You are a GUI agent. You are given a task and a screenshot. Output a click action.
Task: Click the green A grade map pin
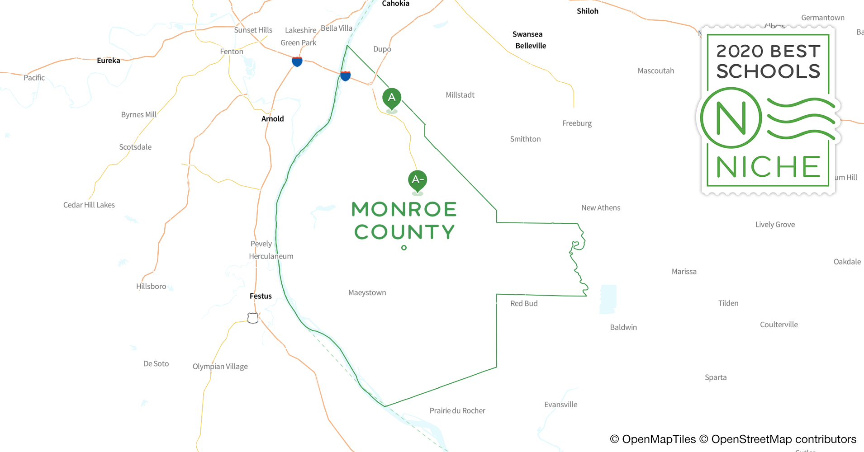[392, 98]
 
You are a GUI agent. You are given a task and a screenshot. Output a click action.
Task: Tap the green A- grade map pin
[418, 180]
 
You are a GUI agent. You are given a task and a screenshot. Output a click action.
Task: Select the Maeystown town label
[367, 293]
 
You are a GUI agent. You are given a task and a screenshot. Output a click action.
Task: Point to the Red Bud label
[524, 304]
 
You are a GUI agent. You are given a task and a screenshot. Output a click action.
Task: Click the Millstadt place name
[460, 95]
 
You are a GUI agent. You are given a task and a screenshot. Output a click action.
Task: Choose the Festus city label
[261, 296]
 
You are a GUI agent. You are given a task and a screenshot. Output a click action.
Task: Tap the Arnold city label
[272, 119]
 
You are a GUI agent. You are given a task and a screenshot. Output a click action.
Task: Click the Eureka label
[109, 61]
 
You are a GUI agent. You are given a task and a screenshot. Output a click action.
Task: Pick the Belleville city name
[531, 46]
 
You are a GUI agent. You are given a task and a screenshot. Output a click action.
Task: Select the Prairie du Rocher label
[457, 411]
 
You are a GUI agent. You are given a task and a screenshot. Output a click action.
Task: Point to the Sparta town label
[716, 377]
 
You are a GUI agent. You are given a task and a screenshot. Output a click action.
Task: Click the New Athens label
[601, 208]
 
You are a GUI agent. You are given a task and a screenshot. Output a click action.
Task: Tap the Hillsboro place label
[151, 287]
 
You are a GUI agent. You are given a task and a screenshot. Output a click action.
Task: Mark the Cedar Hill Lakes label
[89, 205]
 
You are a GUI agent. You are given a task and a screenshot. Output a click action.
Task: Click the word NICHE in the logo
[768, 167]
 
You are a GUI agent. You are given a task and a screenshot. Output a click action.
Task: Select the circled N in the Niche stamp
[731, 118]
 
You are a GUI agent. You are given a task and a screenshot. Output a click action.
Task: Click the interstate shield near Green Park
[297, 61]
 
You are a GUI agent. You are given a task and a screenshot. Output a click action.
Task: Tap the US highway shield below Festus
[253, 318]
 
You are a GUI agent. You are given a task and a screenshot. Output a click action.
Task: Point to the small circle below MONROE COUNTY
[404, 248]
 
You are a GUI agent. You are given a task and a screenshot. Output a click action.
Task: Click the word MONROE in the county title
[404, 209]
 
